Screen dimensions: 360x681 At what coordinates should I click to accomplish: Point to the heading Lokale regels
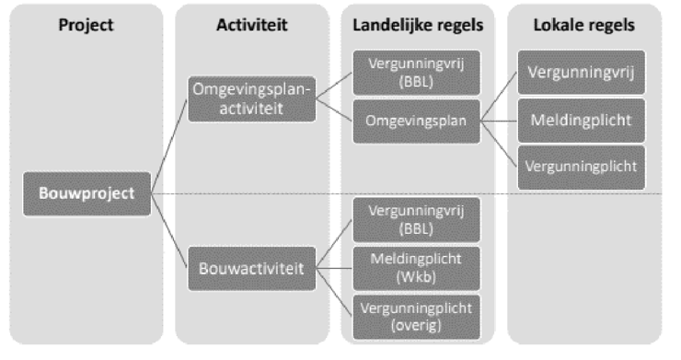tap(583, 26)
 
